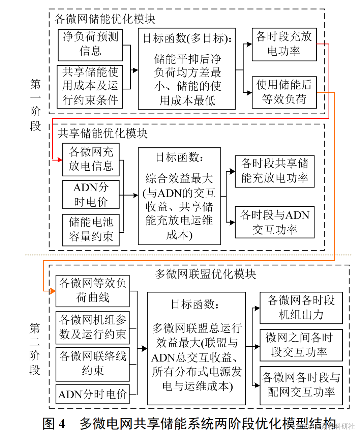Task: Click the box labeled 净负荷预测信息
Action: pos(90,45)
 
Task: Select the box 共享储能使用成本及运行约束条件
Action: pos(90,86)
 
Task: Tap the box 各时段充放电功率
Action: pos(284,45)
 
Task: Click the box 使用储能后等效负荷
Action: pos(284,92)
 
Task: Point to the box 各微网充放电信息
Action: pos(91,160)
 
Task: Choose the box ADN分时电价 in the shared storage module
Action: pos(91,195)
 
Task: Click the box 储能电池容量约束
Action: pos(91,230)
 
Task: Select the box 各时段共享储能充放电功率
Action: pos(274,171)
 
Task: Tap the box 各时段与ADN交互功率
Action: pos(274,222)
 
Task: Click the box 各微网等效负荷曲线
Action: pos(92,291)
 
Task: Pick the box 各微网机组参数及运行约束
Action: pos(92,327)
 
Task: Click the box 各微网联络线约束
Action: pos(92,364)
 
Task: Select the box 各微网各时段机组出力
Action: pos(301,308)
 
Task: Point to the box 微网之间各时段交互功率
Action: pos(301,345)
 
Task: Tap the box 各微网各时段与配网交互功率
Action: pos(301,385)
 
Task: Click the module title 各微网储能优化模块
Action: pos(105,19)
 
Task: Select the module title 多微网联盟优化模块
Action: pos(205,274)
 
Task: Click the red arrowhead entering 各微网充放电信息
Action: pos(60,160)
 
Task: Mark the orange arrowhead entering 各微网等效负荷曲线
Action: pos(53,291)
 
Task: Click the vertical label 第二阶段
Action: pos(35,349)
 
